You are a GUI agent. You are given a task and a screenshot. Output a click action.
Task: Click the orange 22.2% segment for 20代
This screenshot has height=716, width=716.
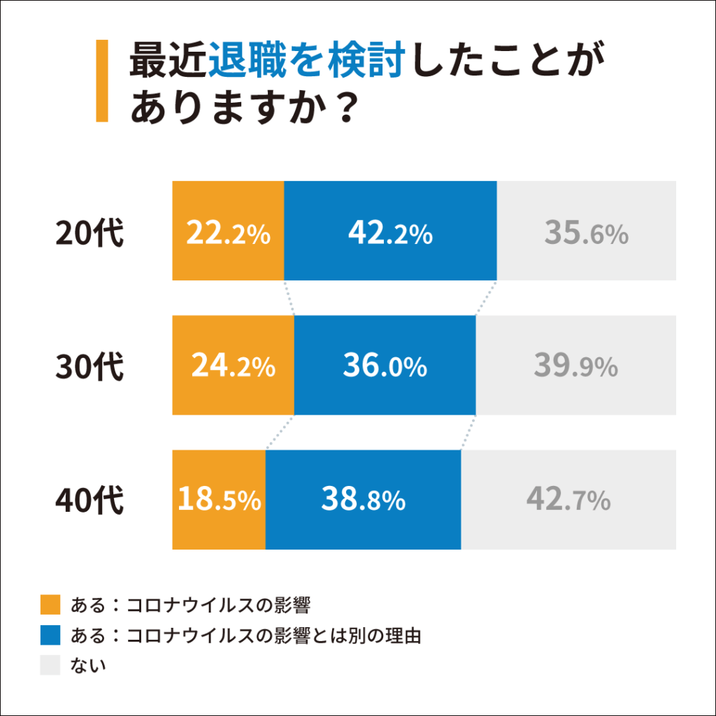coord(228,231)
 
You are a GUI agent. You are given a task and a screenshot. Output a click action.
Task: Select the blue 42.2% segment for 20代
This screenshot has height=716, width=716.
coord(390,231)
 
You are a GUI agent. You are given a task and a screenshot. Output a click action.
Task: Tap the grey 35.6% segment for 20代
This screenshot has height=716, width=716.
coord(586,231)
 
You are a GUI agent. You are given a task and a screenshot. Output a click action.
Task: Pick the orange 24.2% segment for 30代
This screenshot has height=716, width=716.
coord(233,365)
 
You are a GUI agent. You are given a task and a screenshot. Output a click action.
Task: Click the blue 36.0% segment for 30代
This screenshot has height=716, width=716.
coord(385,365)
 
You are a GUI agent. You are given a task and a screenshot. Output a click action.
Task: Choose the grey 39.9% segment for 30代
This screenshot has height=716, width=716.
coord(575,365)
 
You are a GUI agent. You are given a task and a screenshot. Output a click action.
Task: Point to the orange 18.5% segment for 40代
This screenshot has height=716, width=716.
coord(219,499)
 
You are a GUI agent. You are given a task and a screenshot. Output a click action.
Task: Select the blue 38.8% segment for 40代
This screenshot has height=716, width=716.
coord(363,499)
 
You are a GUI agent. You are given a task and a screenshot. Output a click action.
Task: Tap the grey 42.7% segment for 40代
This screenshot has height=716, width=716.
coord(568,499)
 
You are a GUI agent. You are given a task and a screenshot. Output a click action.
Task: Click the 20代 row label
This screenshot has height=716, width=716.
coord(89,233)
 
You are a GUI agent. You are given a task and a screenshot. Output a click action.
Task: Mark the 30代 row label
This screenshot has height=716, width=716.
coord(89,366)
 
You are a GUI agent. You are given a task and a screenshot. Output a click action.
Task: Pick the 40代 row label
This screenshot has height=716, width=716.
coord(89,501)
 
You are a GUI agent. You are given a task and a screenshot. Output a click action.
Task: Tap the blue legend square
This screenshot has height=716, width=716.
coord(51,635)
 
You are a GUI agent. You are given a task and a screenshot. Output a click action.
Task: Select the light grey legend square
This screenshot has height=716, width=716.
coord(51,665)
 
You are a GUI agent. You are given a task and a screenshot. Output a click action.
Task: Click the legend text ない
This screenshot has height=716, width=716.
coord(88,665)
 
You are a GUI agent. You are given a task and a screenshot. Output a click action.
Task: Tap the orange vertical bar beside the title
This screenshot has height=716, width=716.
coord(102,81)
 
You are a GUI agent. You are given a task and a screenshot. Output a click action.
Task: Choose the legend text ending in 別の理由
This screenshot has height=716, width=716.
coord(245,635)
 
